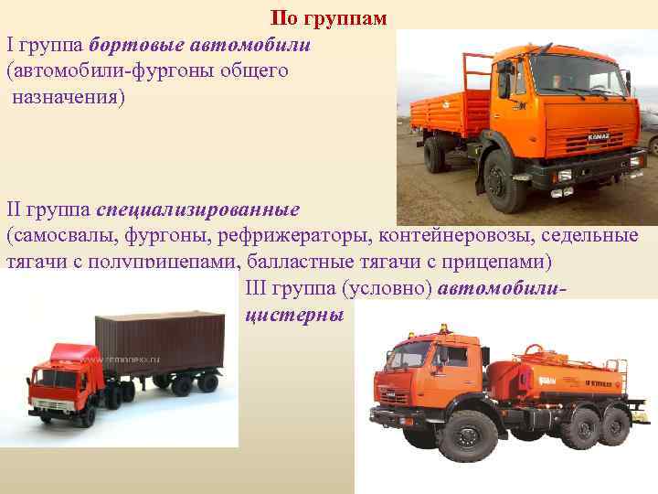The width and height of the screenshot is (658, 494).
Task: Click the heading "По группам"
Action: [x=329, y=18]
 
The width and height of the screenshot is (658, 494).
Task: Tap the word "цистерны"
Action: [x=293, y=314]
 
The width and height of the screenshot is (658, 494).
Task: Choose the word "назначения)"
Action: [x=69, y=95]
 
